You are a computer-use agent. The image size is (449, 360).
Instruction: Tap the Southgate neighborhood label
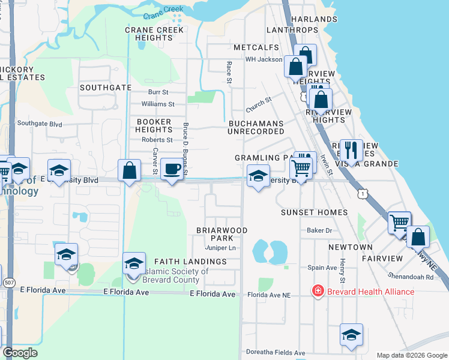pos(105,88)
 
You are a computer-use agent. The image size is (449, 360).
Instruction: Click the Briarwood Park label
pos(221,234)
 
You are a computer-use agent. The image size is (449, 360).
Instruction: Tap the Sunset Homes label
pos(315,212)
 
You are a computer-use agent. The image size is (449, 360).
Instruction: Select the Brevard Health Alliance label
pos(370,292)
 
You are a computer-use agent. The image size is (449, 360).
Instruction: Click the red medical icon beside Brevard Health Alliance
pos(316,292)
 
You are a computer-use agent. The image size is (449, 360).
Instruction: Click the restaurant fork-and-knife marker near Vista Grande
pos(351,149)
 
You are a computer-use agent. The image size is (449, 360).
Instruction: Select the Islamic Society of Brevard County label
pos(176,275)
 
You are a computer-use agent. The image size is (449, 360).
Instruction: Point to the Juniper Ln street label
pos(220,248)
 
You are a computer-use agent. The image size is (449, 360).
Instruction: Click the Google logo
pos(20,353)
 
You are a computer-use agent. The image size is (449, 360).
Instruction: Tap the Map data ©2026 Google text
pos(411,355)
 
